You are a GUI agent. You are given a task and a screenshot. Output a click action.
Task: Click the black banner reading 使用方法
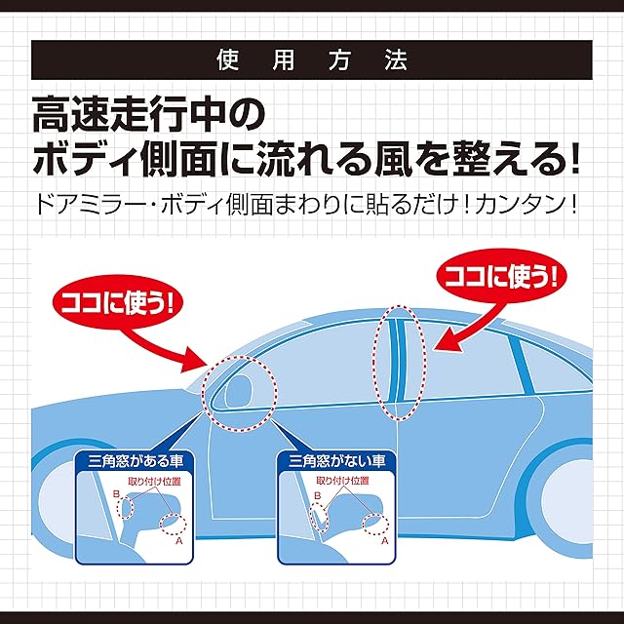(312, 59)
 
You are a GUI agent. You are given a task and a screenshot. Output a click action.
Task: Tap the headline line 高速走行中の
(149, 114)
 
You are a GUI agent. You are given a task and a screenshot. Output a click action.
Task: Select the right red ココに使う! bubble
(501, 276)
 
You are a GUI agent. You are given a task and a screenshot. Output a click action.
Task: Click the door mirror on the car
(239, 390)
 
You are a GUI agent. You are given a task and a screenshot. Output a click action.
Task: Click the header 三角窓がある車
(136, 461)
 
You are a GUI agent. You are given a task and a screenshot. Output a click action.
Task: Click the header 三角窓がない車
(336, 461)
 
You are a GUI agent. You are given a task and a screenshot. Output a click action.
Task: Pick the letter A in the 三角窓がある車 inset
(178, 541)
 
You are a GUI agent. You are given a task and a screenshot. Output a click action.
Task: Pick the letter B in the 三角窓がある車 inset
(116, 494)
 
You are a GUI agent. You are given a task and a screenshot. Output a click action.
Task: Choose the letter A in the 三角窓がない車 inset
(384, 541)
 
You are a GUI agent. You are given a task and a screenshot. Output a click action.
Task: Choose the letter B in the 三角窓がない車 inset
(318, 496)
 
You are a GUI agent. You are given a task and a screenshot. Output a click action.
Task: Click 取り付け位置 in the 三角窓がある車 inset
(154, 481)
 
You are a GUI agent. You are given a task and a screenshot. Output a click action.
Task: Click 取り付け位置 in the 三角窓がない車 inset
(342, 481)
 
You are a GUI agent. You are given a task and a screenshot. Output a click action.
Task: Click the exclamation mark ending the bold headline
(574, 158)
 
